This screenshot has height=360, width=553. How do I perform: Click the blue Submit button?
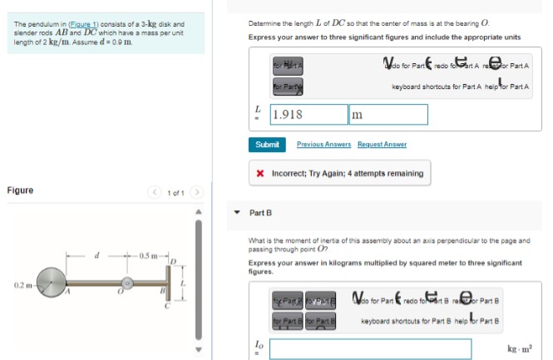(x=267, y=145)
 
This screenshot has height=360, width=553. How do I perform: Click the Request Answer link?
(x=382, y=145)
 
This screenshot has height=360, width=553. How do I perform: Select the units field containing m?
(x=388, y=115)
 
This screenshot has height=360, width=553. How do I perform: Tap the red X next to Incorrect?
(x=261, y=174)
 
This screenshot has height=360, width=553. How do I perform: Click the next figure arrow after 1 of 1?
(x=197, y=192)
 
